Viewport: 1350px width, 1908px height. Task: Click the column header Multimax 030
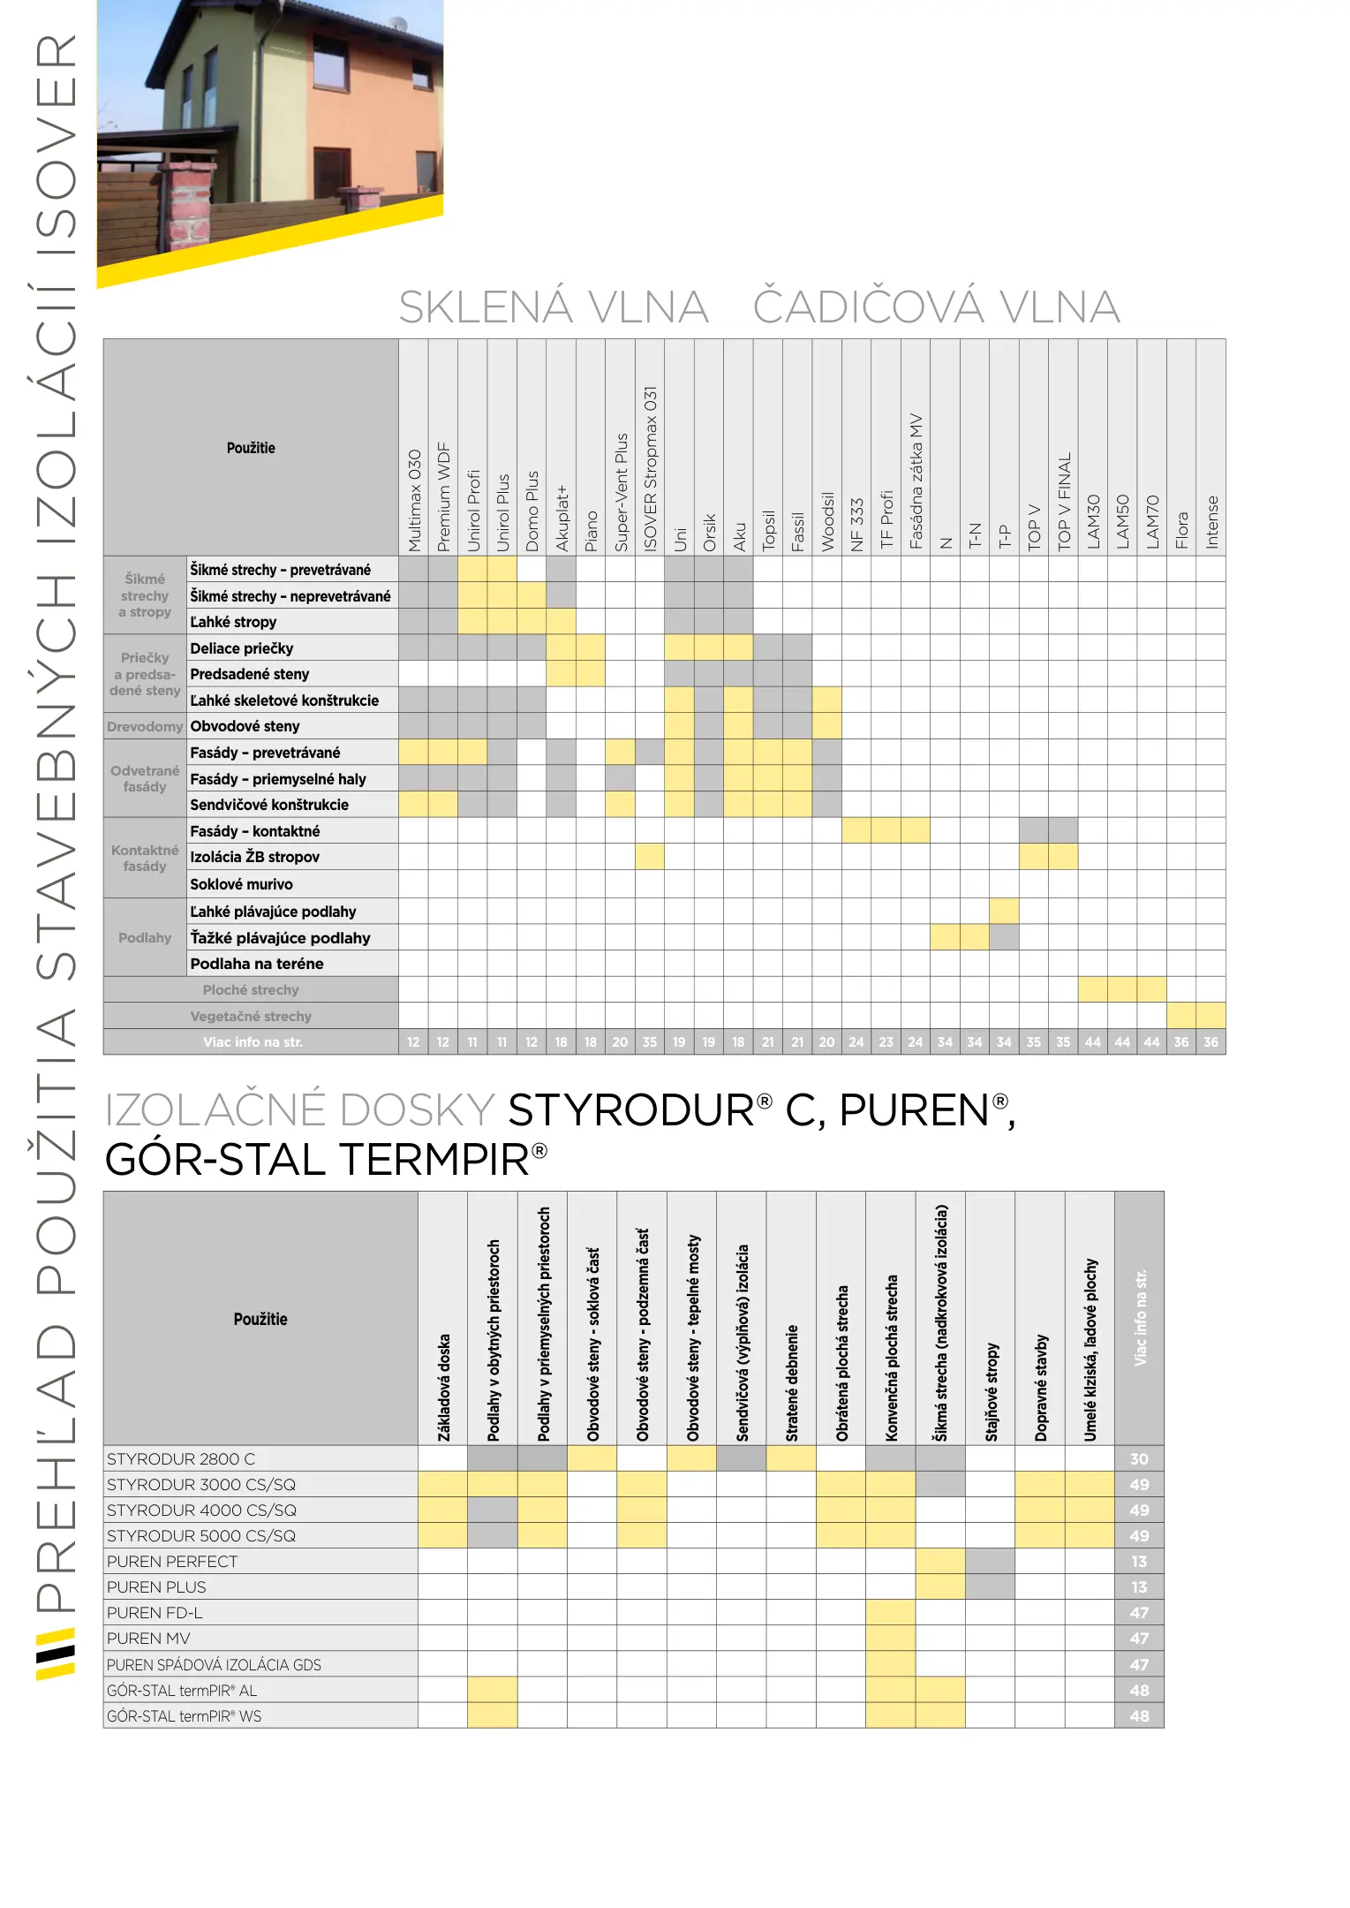pyautogui.click(x=414, y=500)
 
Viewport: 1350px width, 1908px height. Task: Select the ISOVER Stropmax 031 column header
pyautogui.click(x=650, y=468)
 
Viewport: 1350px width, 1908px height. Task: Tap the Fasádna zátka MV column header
pyautogui.click(x=916, y=481)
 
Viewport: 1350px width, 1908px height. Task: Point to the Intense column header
pyautogui.click(x=1211, y=522)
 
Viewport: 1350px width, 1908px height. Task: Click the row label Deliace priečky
pyautogui.click(x=241, y=648)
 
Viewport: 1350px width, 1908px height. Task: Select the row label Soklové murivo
pyautogui.click(x=241, y=884)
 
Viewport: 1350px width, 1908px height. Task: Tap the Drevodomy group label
pyautogui.click(x=145, y=727)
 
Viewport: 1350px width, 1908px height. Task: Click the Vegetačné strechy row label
pyautogui.click(x=251, y=1017)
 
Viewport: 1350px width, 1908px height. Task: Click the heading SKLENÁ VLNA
pyautogui.click(x=554, y=307)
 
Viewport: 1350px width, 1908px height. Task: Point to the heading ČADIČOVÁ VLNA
pyautogui.click(x=936, y=307)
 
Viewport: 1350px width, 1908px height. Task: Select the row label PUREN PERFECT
pyautogui.click(x=172, y=1562)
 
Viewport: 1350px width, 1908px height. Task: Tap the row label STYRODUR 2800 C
pyautogui.click(x=181, y=1459)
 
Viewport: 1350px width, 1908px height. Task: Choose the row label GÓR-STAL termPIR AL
pyautogui.click(x=182, y=1691)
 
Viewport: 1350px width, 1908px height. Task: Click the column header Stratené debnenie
pyautogui.click(x=791, y=1382)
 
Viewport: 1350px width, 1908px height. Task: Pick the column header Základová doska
pyautogui.click(x=443, y=1387)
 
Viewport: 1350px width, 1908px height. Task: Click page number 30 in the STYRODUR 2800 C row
pyautogui.click(x=1139, y=1459)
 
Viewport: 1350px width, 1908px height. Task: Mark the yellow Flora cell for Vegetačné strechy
pyautogui.click(x=1181, y=1016)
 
